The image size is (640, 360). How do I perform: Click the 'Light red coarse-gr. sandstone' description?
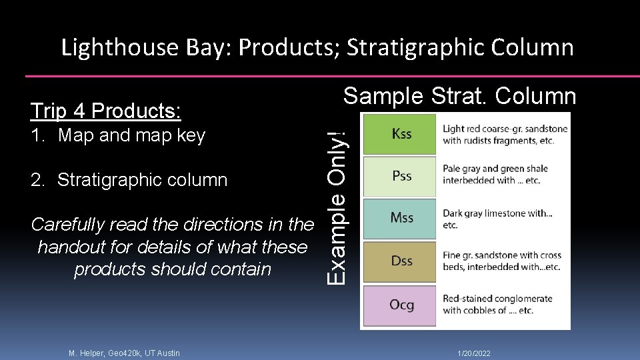click(505, 134)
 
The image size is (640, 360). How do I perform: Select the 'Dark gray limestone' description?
click(497, 219)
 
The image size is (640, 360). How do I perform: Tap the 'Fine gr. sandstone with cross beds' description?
click(502, 261)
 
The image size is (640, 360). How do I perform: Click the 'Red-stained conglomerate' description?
click(497, 305)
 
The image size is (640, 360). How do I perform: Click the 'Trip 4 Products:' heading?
click(106, 111)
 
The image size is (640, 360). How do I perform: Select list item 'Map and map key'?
click(131, 135)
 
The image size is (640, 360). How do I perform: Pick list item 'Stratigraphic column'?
click(142, 180)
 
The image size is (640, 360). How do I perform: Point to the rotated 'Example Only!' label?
click(339, 199)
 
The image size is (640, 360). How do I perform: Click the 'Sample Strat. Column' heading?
click(459, 97)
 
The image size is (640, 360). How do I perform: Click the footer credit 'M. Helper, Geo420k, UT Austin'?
click(124, 353)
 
